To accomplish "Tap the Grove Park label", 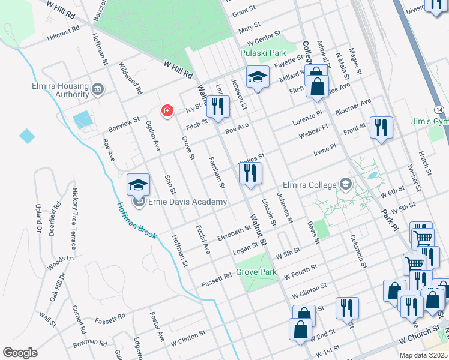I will (256, 272).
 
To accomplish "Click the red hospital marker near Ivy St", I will (167, 111).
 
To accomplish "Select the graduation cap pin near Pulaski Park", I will (258, 77).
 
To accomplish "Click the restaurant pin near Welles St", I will (250, 174).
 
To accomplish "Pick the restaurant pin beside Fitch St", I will (218, 107).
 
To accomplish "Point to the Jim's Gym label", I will (429, 121).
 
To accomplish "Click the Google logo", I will (20, 353).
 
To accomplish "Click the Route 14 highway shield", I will (440, 110).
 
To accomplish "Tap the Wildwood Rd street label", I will (130, 79).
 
